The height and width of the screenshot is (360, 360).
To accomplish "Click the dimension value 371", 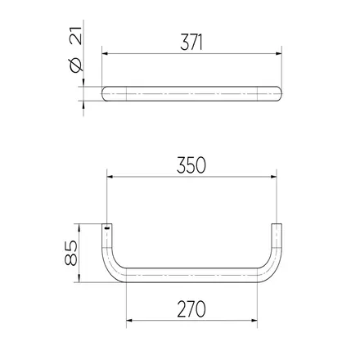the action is [x=191, y=43].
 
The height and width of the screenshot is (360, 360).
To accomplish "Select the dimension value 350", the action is [x=191, y=165].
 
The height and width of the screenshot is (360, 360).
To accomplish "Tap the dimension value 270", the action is [x=191, y=309].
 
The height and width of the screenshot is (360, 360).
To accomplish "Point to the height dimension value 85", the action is [x=71, y=253].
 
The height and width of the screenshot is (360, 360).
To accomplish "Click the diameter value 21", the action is [x=75, y=35].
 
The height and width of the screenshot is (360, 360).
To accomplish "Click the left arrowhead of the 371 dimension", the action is [x=105, y=54].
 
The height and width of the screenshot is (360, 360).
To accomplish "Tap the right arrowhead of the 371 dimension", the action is [x=279, y=54].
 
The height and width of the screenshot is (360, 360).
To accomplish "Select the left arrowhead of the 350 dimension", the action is [x=110, y=177].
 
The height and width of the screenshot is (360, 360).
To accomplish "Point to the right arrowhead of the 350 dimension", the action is [x=274, y=177].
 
